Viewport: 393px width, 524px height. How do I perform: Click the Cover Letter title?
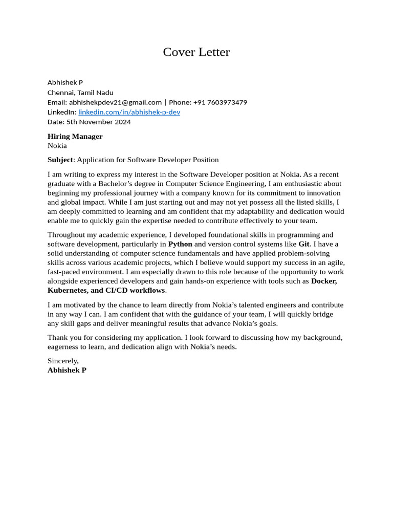(196, 52)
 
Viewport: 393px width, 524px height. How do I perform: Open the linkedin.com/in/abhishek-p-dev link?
(129, 112)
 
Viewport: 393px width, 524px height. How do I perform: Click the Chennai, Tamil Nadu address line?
(80, 93)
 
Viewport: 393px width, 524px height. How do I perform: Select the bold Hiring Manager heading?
(75, 136)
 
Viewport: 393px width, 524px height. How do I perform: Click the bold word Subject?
(60, 160)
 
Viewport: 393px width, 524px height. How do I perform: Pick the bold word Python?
(180, 244)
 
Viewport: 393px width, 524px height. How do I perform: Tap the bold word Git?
(304, 244)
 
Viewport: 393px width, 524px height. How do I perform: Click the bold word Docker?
(323, 281)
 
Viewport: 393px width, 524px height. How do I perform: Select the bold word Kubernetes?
(68, 290)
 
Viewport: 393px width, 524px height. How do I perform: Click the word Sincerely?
(63, 361)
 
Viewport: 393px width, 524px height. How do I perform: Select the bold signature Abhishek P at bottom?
(67, 370)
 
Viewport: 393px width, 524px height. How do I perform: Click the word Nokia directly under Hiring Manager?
(57, 145)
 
